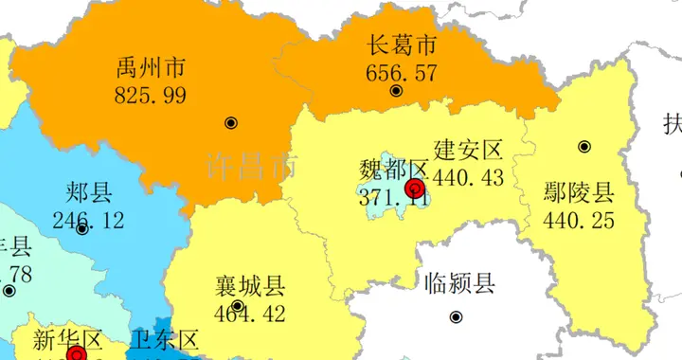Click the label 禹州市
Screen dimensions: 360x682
click(x=150, y=68)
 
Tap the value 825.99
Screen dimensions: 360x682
click(x=150, y=95)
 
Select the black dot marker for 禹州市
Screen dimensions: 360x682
click(x=231, y=123)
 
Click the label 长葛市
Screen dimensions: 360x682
click(x=402, y=45)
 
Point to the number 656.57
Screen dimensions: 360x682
click(x=402, y=71)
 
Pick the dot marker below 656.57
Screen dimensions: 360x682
click(x=396, y=91)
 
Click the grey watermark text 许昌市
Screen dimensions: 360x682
click(x=250, y=167)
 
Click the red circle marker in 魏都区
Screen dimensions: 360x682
click(x=415, y=189)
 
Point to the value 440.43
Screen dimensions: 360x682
click(x=472, y=177)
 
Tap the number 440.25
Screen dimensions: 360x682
click(x=579, y=221)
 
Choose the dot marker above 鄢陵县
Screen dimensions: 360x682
click(x=584, y=147)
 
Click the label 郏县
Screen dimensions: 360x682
click(x=89, y=194)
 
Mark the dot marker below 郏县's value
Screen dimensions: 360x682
click(x=82, y=229)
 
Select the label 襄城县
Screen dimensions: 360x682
click(x=250, y=285)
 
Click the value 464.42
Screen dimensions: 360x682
click(x=250, y=312)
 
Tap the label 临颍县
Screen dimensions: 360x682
click(x=459, y=282)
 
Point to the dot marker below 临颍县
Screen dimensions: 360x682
click(x=456, y=317)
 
